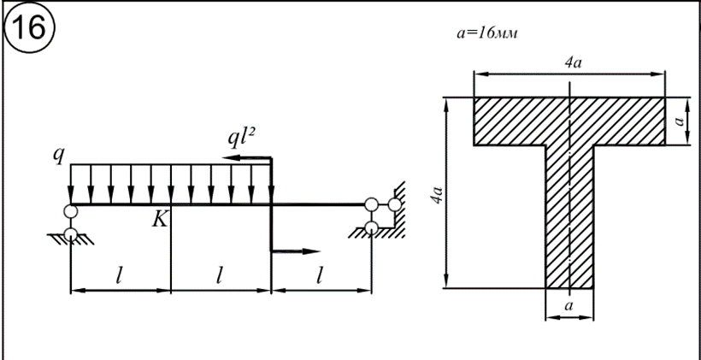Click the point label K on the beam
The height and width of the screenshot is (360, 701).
(159, 220)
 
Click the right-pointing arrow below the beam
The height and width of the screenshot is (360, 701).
(296, 251)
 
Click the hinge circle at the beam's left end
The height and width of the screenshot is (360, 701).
(70, 211)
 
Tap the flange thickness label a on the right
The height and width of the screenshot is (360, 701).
(680, 121)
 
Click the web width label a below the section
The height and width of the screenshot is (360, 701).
(569, 304)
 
